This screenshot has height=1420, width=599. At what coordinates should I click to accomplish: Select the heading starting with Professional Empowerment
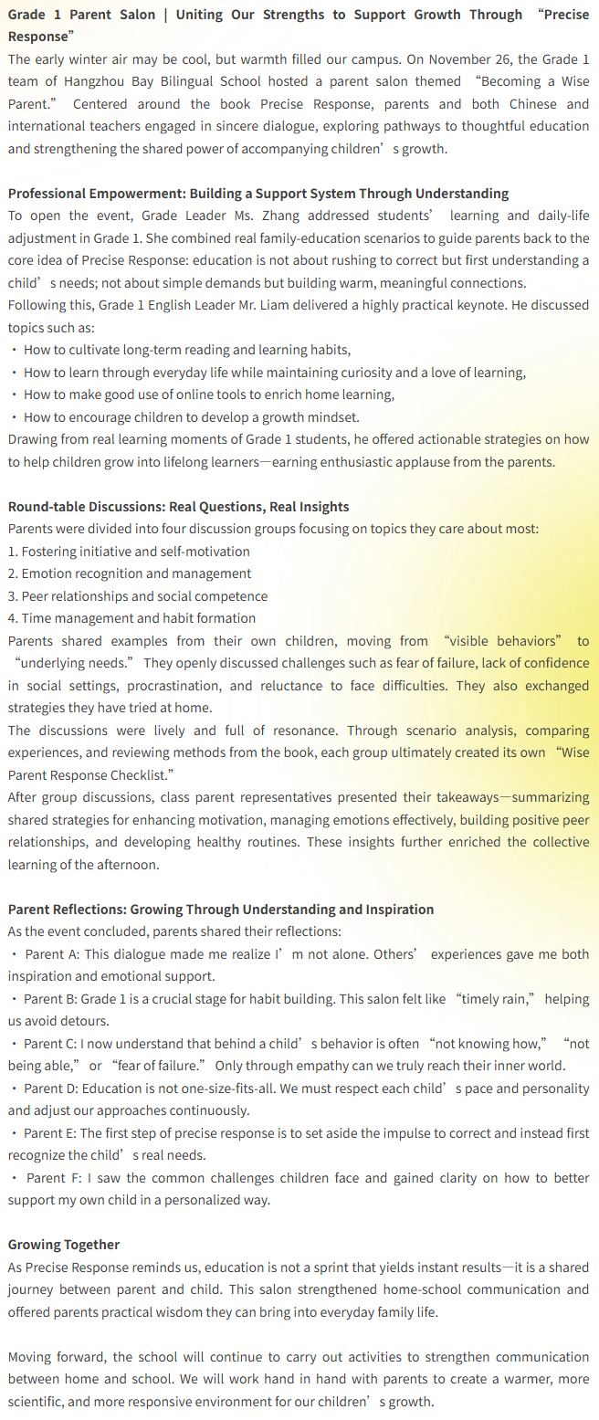(x=258, y=194)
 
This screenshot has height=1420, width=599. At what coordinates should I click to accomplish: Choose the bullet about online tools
(x=209, y=394)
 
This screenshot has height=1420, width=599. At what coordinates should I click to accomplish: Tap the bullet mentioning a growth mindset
(x=192, y=416)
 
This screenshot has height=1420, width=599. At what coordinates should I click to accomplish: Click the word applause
(x=423, y=461)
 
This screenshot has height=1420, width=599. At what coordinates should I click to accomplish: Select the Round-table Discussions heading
(x=178, y=507)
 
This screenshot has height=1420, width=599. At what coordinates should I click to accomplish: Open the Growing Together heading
(x=64, y=1245)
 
